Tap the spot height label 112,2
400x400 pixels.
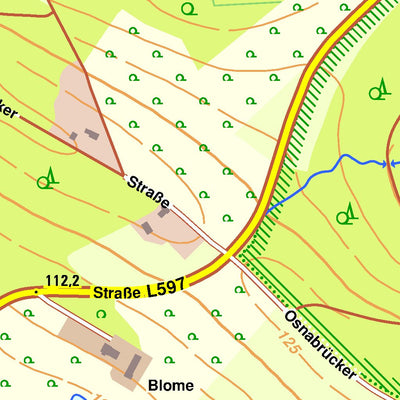(x=62, y=281)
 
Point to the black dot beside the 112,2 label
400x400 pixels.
(x=37, y=292)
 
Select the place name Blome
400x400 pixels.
(x=170, y=385)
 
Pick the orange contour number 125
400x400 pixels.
(x=289, y=348)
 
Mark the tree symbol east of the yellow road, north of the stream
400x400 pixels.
(x=378, y=92)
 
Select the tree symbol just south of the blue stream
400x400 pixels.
(x=346, y=213)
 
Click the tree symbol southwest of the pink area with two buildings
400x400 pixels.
(x=46, y=180)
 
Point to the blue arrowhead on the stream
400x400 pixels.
(x=383, y=162)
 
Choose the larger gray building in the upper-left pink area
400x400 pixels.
(x=91, y=133)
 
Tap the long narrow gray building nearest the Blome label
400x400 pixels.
(x=131, y=369)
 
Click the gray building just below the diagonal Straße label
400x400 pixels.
(x=147, y=228)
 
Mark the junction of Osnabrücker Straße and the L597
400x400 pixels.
(x=232, y=254)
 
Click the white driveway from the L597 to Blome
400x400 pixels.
(x=70, y=312)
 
